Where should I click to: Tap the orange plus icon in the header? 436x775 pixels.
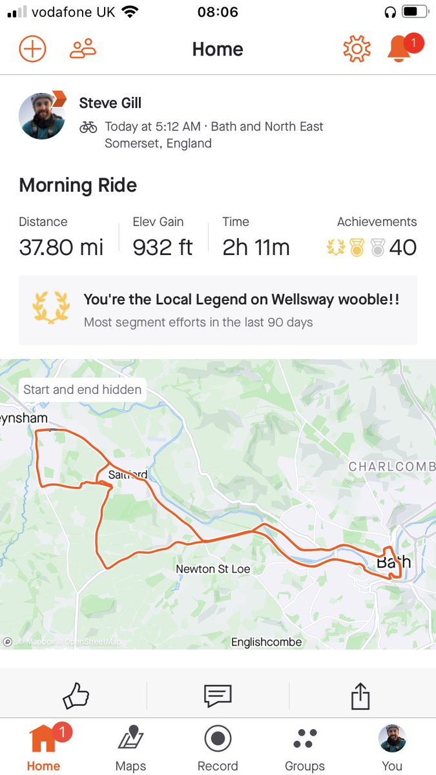(x=32, y=49)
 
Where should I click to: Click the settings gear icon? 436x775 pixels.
(x=357, y=49)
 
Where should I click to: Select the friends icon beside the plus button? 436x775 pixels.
(x=83, y=49)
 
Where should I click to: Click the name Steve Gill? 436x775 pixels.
(x=110, y=103)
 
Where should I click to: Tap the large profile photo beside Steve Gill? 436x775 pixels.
(x=42, y=116)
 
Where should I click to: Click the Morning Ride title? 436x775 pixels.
(x=78, y=186)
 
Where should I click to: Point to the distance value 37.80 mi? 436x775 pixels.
(x=61, y=247)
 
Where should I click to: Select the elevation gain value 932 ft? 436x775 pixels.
(x=163, y=247)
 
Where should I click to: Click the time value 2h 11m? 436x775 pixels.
(x=256, y=247)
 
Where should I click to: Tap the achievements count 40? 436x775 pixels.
(x=402, y=247)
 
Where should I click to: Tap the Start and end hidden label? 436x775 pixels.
(x=82, y=389)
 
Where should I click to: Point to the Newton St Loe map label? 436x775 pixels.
(x=213, y=569)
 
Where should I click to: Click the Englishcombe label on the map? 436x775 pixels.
(x=267, y=642)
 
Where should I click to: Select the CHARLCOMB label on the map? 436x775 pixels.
(x=391, y=466)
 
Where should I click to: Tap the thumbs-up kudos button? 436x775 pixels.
(x=76, y=696)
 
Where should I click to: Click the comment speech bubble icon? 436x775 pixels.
(x=218, y=696)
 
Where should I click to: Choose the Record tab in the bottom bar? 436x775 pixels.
(x=218, y=748)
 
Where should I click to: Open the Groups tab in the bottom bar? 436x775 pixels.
(x=305, y=748)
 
